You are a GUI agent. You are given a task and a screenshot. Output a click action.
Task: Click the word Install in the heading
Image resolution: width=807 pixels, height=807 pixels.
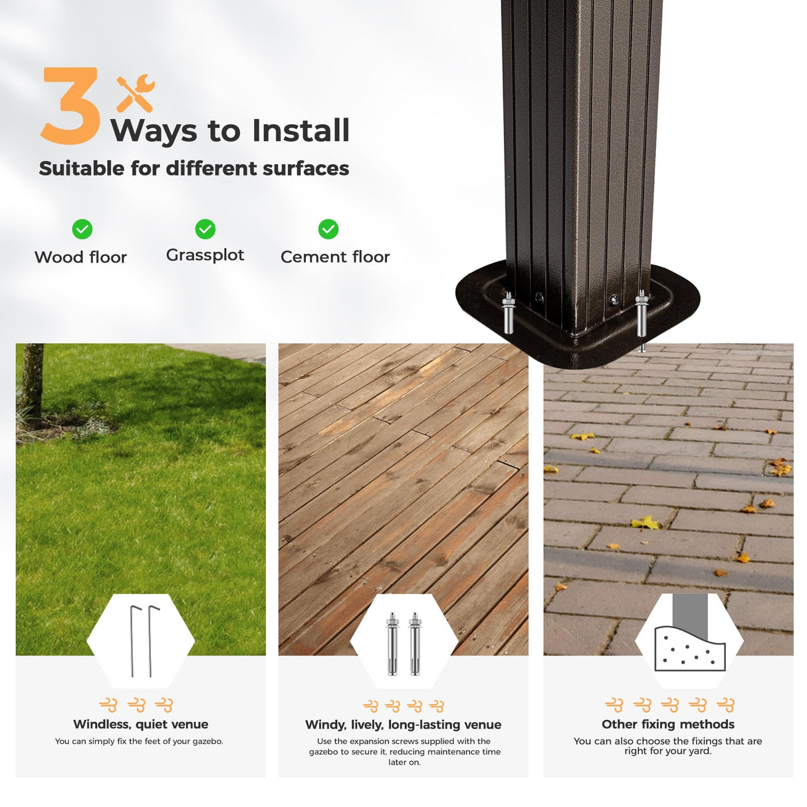[x=300, y=131]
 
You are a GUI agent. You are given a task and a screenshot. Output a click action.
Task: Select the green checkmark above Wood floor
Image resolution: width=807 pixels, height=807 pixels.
[x=82, y=229]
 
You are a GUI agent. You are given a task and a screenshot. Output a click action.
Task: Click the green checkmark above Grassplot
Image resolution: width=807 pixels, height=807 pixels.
[x=205, y=229]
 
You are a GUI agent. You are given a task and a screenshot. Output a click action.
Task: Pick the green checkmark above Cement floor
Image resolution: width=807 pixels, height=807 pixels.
[x=328, y=229]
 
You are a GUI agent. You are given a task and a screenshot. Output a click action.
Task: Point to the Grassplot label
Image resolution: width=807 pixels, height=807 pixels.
[x=205, y=255]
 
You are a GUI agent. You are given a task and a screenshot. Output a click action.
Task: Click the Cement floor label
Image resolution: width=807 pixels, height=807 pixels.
[x=335, y=257]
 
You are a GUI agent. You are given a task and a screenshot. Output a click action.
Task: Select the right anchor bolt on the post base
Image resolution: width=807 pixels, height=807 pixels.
[x=641, y=316]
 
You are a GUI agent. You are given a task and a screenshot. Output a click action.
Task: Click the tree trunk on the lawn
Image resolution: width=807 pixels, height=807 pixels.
[x=33, y=386]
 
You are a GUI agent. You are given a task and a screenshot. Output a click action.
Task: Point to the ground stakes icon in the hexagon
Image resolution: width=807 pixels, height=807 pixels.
[x=142, y=641]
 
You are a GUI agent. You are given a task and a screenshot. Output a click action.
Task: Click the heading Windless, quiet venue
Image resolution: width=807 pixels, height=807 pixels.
[x=141, y=724]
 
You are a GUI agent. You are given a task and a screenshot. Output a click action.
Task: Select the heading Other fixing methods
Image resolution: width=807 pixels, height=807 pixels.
[x=668, y=724]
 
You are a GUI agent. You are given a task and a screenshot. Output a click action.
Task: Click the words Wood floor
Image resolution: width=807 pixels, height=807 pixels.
[x=80, y=257]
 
